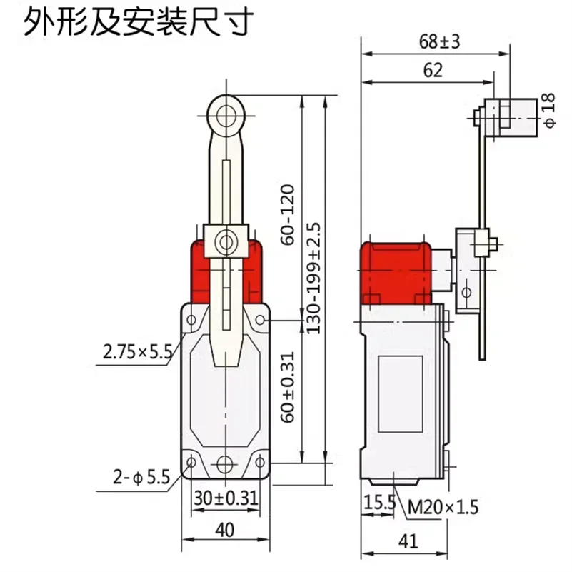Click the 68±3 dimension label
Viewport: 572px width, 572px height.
[439, 42]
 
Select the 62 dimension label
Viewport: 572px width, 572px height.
[433, 70]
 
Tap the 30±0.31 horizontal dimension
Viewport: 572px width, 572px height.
[226, 498]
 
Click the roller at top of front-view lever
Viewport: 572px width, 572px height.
[226, 114]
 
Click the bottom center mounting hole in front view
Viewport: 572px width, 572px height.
[226, 463]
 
